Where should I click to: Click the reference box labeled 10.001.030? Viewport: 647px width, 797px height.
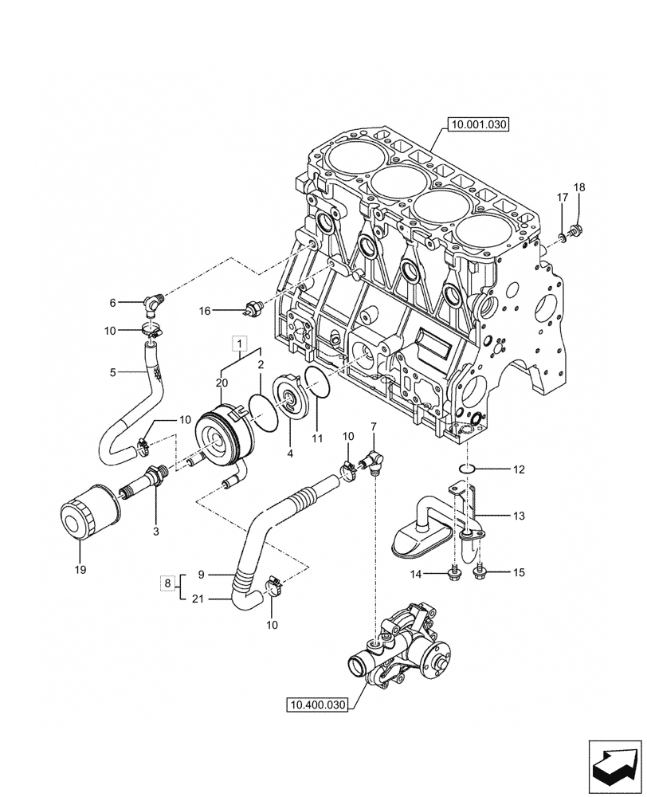coord(478,124)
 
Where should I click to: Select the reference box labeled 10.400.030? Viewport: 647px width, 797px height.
coord(317,705)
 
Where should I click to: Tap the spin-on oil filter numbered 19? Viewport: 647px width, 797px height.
coord(88,509)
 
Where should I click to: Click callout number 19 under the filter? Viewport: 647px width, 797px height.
coord(79,570)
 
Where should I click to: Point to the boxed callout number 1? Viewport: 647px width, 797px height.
coord(237,344)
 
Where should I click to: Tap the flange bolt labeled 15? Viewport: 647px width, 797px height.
coord(481,571)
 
